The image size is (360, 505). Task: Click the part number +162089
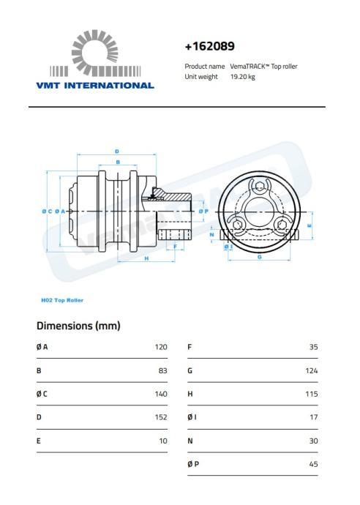coord(209,46)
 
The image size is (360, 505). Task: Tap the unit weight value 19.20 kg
coord(242,77)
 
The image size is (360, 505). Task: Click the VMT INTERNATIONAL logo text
coord(95,86)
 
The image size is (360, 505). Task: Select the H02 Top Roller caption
coord(62,300)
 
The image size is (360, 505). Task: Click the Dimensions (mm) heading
coord(78,326)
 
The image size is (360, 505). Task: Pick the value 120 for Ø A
coord(161,347)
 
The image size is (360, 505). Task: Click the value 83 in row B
coord(163,370)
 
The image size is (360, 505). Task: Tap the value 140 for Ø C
coord(161,394)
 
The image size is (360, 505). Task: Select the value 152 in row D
coord(161,417)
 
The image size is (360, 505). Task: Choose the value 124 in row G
coord(312,370)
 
